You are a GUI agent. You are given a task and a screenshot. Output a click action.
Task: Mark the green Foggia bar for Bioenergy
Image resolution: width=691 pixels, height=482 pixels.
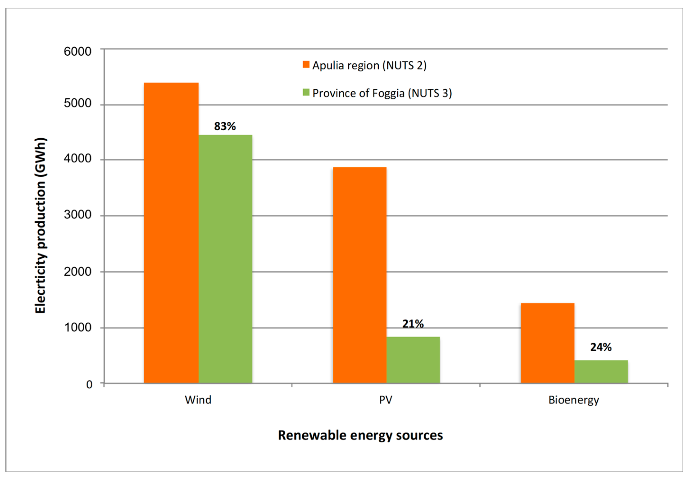click(x=601, y=372)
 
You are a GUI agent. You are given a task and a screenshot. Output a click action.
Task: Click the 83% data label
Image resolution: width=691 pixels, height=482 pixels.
click(x=225, y=126)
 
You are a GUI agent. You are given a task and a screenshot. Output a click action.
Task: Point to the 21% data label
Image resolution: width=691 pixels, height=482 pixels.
click(x=413, y=324)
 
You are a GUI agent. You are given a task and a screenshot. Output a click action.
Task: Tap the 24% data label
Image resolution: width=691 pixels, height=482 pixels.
click(x=601, y=347)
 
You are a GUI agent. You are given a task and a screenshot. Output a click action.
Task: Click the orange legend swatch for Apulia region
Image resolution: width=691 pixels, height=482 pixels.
click(x=306, y=65)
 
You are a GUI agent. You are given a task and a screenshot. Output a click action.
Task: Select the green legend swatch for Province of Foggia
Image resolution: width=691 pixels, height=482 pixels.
click(x=306, y=92)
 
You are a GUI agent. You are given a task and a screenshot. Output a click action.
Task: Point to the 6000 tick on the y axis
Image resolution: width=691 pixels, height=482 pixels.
click(x=77, y=51)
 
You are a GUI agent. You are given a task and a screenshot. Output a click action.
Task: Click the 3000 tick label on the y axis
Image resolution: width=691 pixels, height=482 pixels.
click(x=77, y=215)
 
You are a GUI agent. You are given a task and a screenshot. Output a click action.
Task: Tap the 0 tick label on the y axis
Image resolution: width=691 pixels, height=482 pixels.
click(x=89, y=385)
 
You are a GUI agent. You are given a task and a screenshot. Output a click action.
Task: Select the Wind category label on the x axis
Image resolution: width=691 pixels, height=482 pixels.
click(x=198, y=400)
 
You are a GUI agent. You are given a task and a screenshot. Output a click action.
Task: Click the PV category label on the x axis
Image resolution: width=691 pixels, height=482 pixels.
click(x=386, y=400)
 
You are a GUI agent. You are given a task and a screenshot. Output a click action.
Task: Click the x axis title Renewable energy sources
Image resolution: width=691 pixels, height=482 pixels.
click(x=360, y=435)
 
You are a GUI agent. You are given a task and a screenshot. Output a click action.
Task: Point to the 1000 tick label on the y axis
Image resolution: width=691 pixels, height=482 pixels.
click(x=77, y=327)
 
